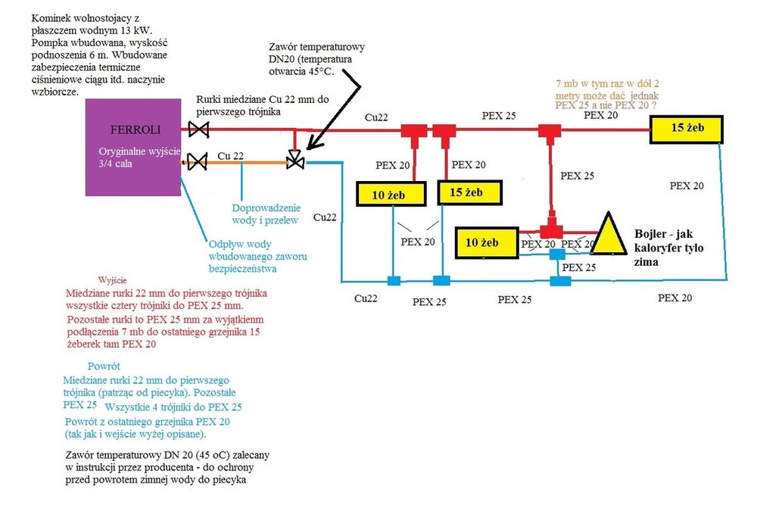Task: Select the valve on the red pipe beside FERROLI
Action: (x=198, y=130)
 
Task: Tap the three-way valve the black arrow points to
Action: (x=295, y=161)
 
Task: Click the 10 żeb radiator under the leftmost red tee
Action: (x=387, y=195)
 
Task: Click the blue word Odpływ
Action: (x=227, y=244)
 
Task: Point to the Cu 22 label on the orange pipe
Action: (x=230, y=155)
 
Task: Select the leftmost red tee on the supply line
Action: (x=413, y=133)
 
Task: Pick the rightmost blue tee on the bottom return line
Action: (x=560, y=281)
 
